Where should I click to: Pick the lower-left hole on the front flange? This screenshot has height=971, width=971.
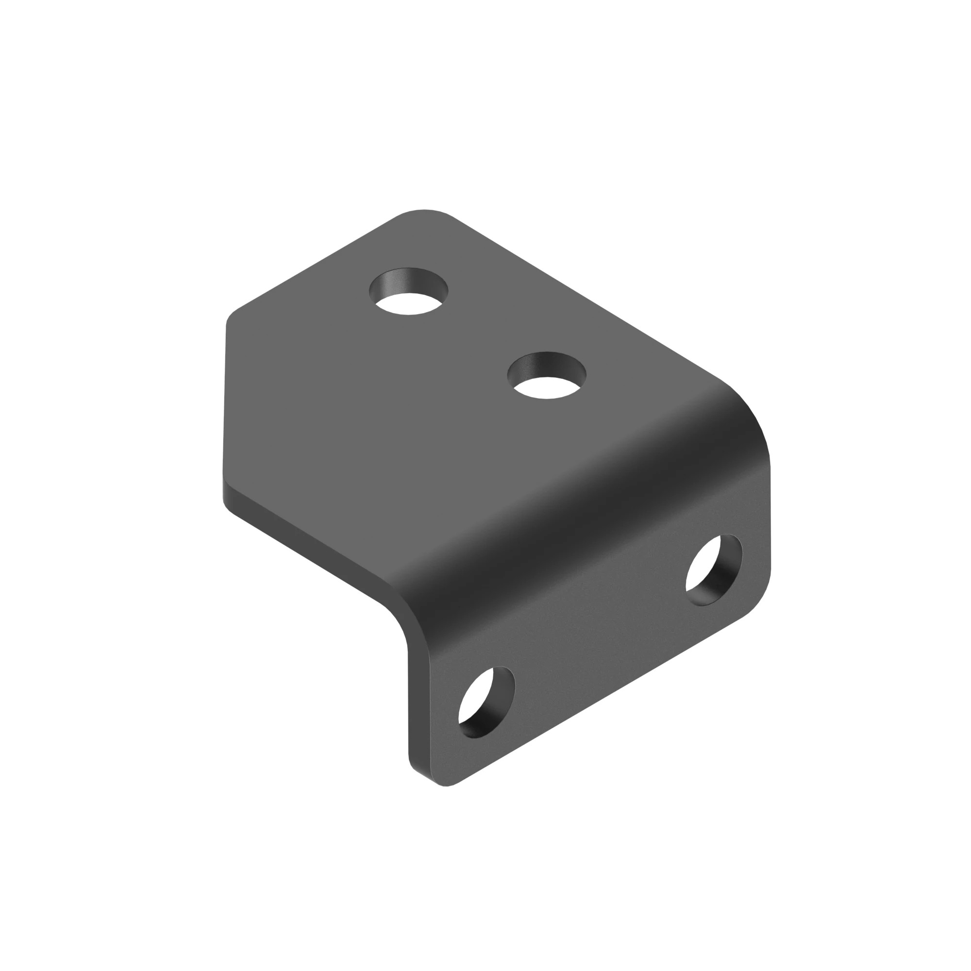tap(486, 703)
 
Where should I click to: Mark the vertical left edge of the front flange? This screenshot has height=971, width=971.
tap(408, 714)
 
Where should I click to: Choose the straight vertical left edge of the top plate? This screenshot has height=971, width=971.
tap(225, 402)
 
